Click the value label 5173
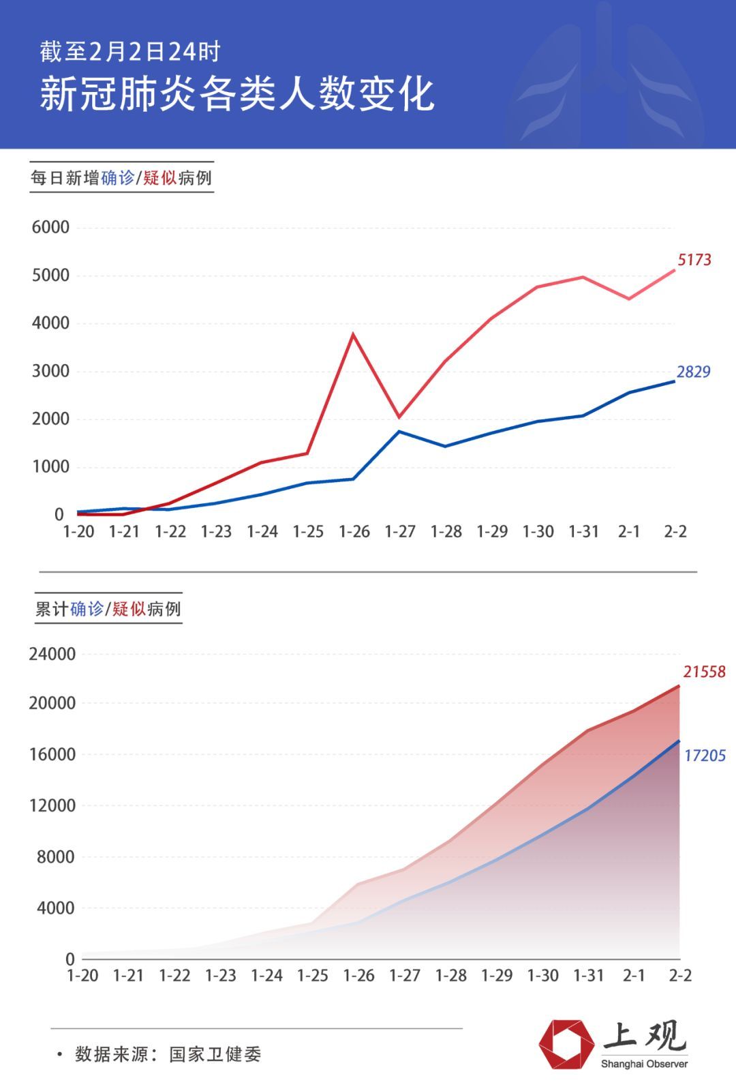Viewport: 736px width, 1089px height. [694, 260]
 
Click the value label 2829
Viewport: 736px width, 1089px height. [693, 372]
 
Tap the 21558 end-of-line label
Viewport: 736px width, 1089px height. [704, 672]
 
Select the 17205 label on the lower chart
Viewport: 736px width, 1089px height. [705, 756]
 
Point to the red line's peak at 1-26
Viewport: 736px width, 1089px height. [353, 334]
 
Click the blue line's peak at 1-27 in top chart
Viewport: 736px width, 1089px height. [399, 431]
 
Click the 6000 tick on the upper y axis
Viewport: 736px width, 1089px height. [50, 228]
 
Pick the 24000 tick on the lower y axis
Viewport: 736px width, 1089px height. [52, 654]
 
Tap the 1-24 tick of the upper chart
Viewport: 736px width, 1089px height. [262, 532]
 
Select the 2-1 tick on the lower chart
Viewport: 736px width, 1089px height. [634, 976]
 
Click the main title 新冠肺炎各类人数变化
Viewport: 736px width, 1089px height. [236, 93]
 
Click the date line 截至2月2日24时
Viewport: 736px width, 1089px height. [129, 52]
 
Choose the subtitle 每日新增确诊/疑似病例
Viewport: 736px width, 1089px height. [121, 178]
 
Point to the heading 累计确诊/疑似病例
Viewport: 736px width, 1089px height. [108, 609]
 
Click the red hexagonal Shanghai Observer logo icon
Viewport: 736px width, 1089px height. [566, 1044]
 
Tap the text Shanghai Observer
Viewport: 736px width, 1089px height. [644, 1064]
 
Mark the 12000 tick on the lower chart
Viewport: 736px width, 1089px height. [52, 805]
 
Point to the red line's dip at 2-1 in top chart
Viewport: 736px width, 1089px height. [628, 299]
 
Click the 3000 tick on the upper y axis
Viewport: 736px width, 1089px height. [50, 371]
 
